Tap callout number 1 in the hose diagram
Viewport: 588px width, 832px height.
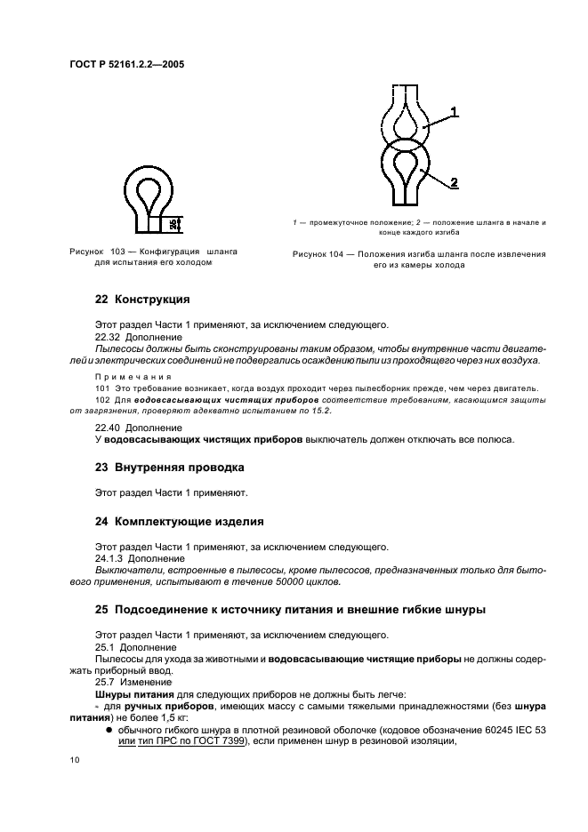[454, 112]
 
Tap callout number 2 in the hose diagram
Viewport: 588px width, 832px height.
[454, 182]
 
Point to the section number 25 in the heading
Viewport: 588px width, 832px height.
[101, 610]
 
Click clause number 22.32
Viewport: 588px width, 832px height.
[108, 338]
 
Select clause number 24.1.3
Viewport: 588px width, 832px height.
[109, 558]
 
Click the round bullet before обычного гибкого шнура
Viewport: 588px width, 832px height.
[108, 727]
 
